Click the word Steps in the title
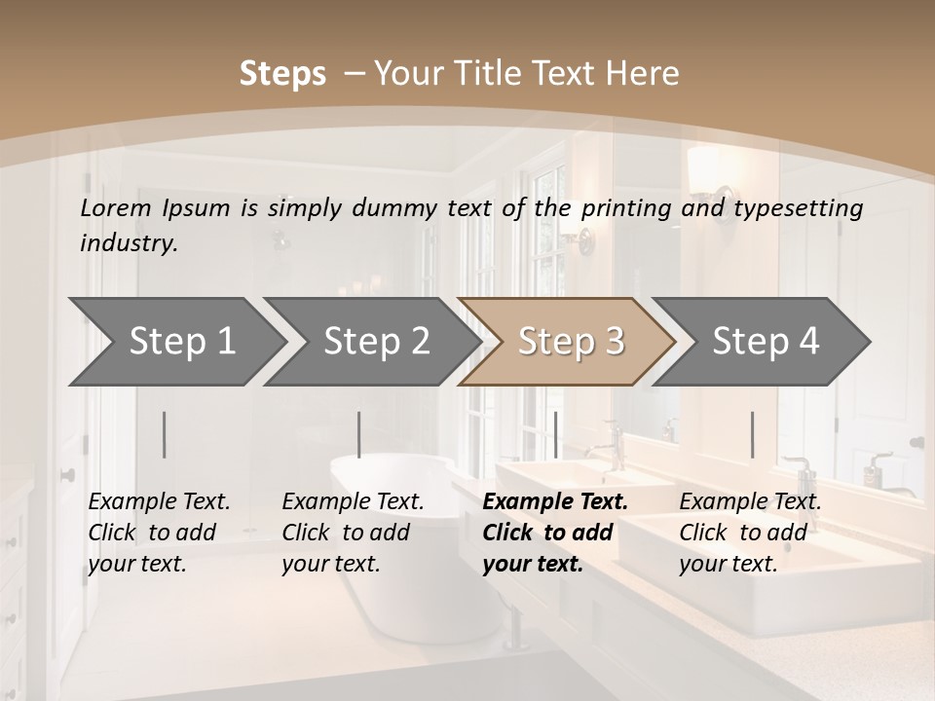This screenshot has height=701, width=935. tap(282, 74)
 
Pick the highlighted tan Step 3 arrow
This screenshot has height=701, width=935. tap(570, 342)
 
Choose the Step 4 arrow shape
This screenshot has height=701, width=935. tap(765, 342)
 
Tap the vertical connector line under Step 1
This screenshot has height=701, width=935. tap(165, 434)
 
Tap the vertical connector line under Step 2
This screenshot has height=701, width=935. tap(359, 434)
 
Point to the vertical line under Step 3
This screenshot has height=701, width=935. tap(555, 434)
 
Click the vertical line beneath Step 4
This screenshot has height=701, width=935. tap(752, 434)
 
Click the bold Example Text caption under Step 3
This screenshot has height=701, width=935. tap(554, 533)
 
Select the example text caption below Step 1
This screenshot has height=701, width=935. tap(159, 533)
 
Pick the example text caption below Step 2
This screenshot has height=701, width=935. tap(353, 533)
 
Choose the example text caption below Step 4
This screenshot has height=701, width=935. tap(750, 533)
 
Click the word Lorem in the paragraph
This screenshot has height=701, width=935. tap(116, 208)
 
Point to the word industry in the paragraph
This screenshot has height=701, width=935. tap(128, 243)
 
